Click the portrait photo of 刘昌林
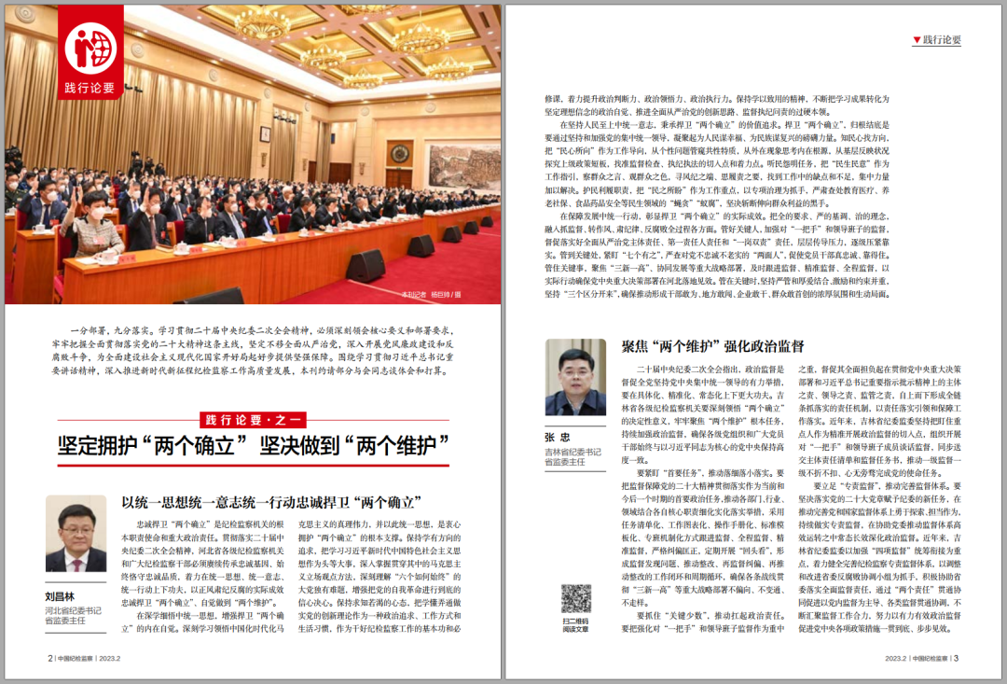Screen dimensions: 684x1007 tap(76, 534)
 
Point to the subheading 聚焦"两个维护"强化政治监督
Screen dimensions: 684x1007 tap(713, 346)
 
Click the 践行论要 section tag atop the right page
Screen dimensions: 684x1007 tap(937, 40)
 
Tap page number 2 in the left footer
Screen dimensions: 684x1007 tap(49, 657)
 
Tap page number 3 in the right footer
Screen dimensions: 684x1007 tap(956, 657)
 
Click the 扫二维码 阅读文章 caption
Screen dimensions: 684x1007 tap(575, 624)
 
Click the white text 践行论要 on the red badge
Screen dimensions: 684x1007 tap(90, 88)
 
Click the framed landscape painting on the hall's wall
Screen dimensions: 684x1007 tap(463, 164)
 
